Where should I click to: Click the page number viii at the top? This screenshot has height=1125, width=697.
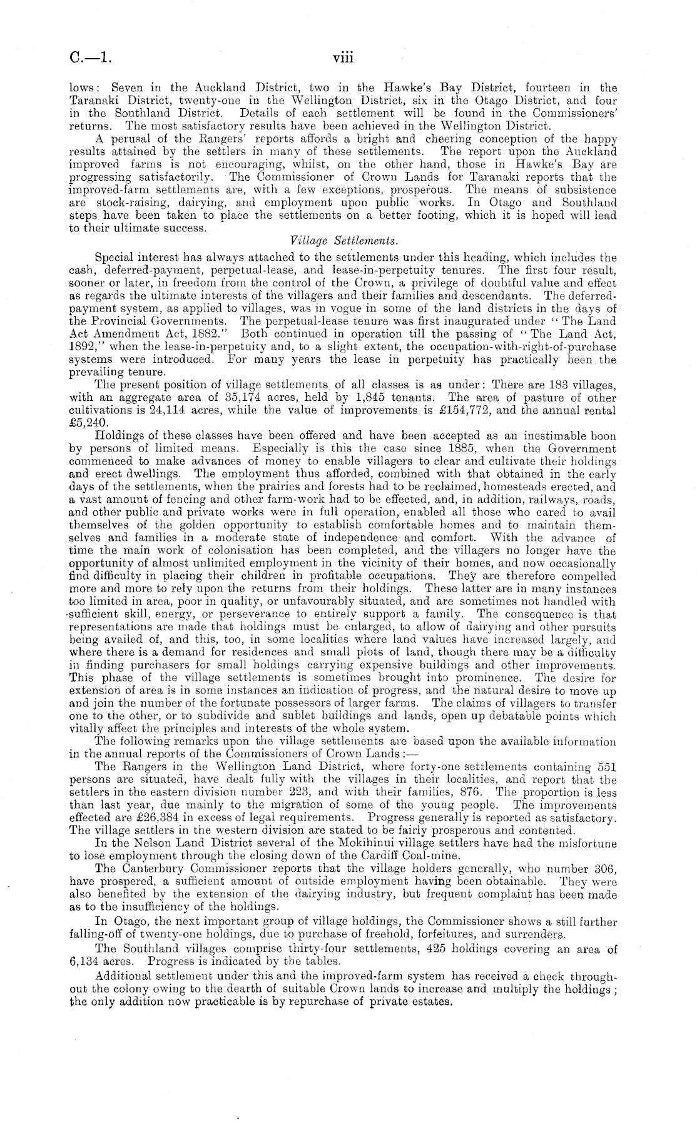click(x=343, y=58)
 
